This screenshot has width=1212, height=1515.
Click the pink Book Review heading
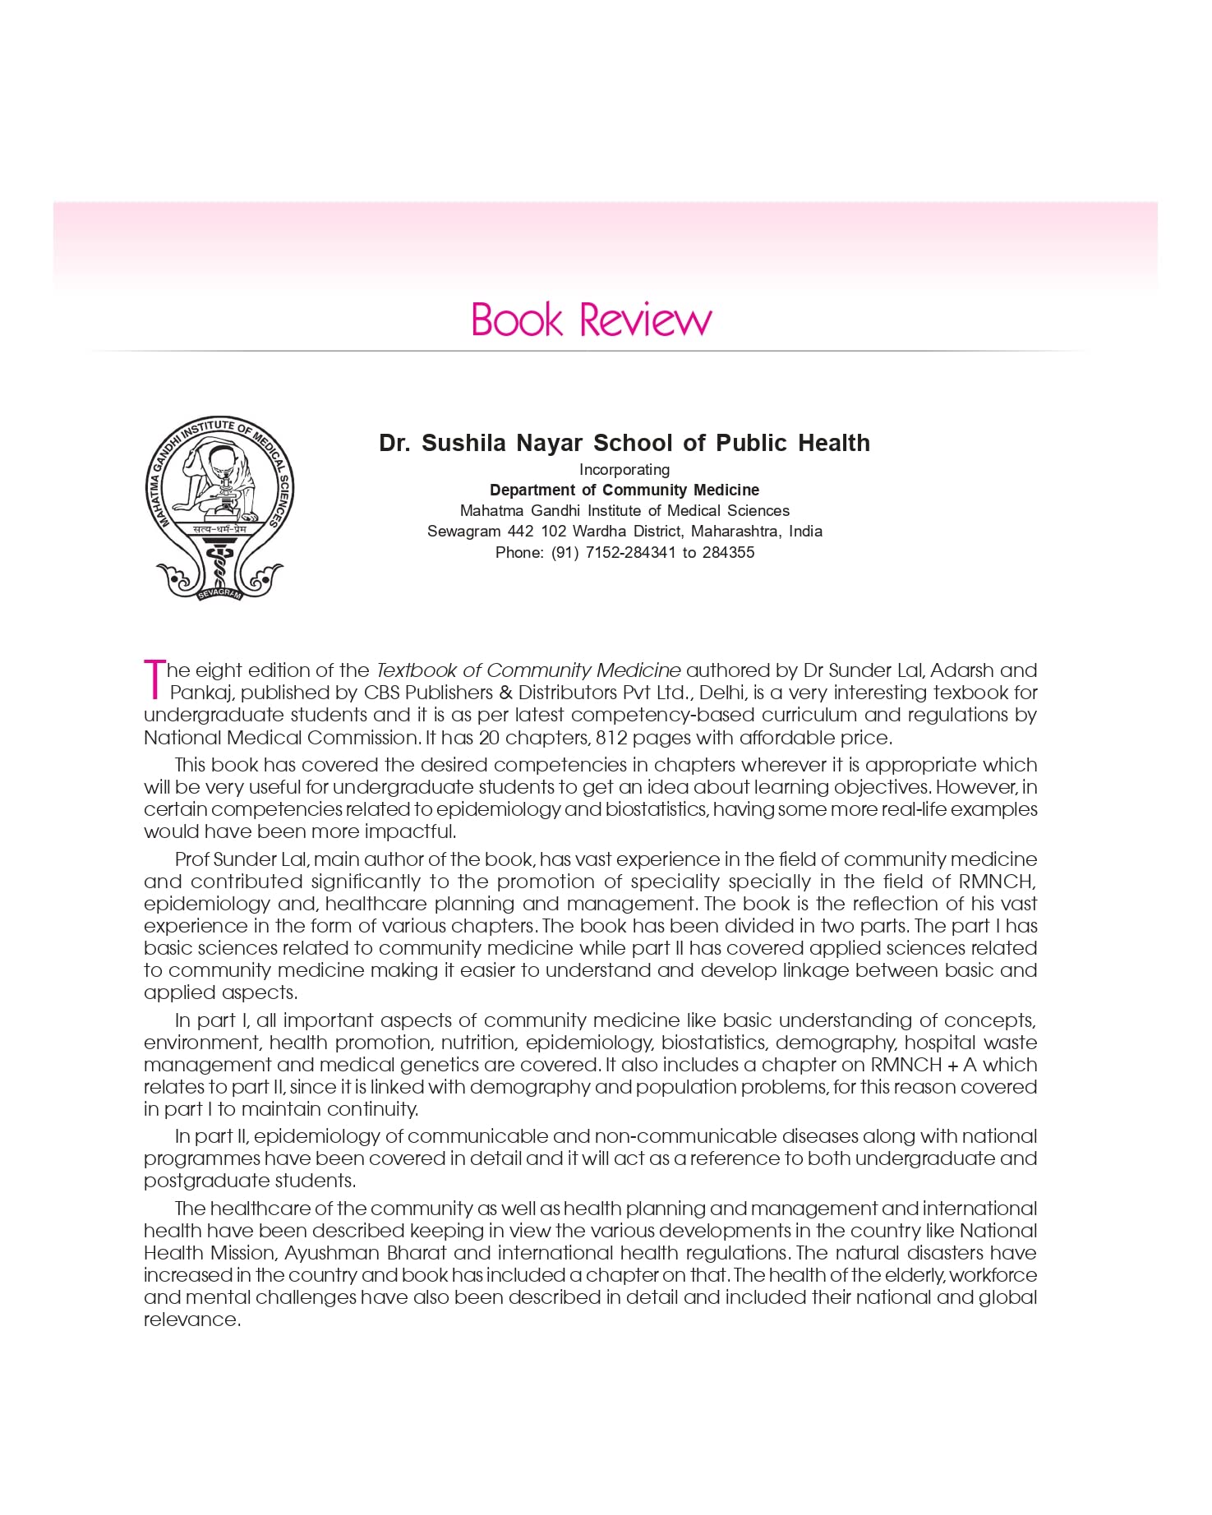click(x=591, y=320)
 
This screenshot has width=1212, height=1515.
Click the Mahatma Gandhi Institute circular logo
click(x=219, y=506)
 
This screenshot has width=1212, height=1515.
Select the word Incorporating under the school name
click(x=624, y=469)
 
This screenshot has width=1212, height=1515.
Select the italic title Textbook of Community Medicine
click(x=528, y=670)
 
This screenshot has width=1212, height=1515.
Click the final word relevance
click(x=191, y=1319)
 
